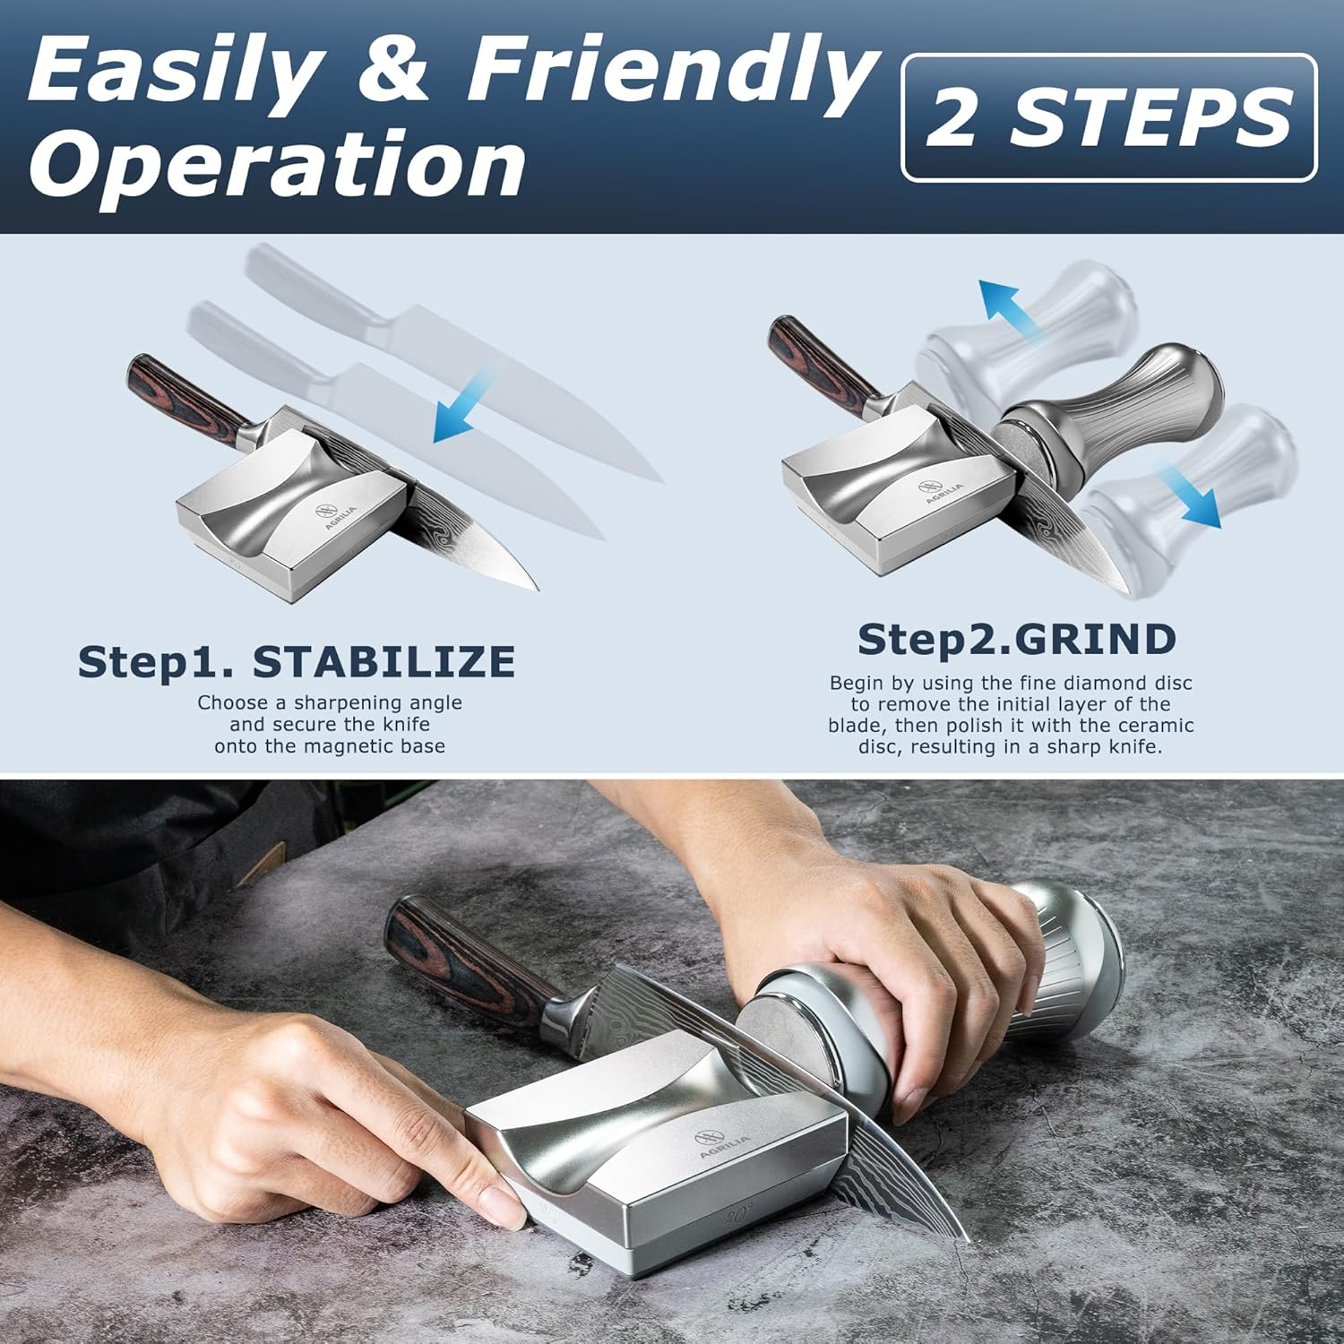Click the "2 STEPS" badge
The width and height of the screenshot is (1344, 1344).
click(x=1108, y=117)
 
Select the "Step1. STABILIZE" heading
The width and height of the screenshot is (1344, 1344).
click(x=297, y=662)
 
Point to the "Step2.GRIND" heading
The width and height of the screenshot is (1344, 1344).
click(x=1016, y=640)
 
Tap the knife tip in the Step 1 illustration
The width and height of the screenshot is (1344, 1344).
click(x=534, y=588)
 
